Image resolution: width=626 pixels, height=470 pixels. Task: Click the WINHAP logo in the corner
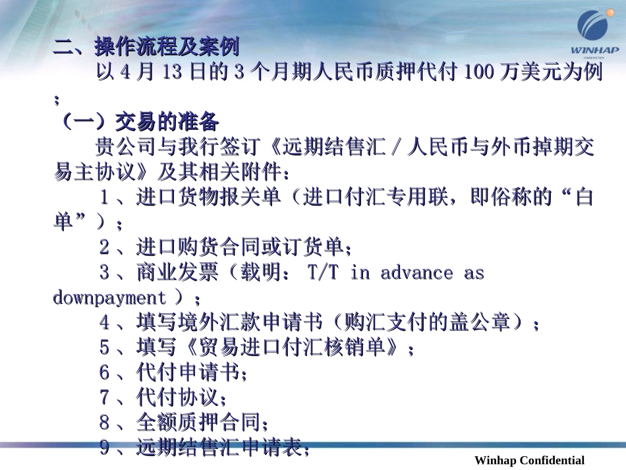[594, 33]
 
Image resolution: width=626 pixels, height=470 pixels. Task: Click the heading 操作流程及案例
[166, 47]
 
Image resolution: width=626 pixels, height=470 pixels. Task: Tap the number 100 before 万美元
[476, 73]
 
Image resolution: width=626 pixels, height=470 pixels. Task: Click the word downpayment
[109, 298]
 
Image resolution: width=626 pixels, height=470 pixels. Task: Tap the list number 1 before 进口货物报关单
[105, 198]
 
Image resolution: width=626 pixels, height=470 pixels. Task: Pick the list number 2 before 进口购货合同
[105, 248]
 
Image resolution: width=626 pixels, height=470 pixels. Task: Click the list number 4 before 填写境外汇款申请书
[105, 323]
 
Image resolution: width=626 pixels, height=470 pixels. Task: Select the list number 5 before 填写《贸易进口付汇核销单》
[105, 348]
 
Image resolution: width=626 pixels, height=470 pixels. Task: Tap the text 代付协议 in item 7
[178, 398]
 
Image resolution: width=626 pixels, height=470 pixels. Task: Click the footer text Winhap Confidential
[529, 460]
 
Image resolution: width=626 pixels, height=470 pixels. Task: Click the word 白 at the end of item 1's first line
[584, 198]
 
